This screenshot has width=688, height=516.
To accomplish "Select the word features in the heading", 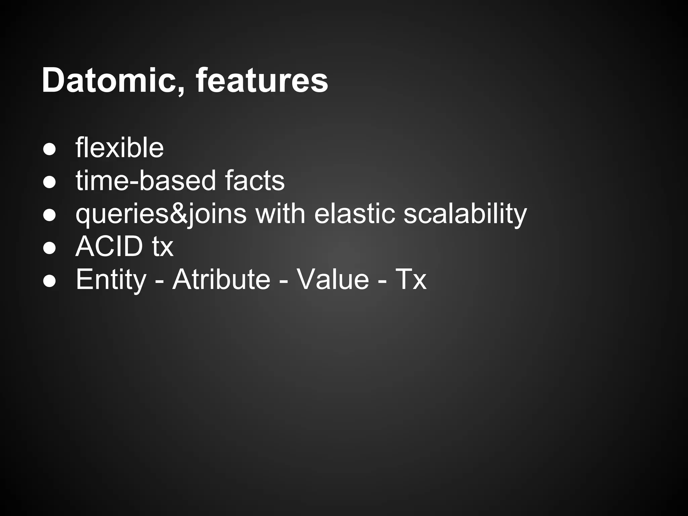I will [x=262, y=81].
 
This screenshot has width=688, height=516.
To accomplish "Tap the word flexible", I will [x=120, y=148].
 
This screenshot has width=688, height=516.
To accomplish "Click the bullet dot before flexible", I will [x=49, y=149].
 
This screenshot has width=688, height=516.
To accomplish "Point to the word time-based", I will [x=145, y=181].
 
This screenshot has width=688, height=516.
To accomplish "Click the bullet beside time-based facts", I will [x=49, y=182].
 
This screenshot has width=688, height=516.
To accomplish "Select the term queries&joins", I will [x=161, y=214].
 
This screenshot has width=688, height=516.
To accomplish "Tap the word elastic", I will [x=354, y=214].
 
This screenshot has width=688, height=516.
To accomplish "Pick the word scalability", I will [x=465, y=214].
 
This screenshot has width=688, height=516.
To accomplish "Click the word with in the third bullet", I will [x=281, y=214].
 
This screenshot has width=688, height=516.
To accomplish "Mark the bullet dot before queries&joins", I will [x=49, y=215].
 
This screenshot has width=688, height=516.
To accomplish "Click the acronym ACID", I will [x=110, y=247].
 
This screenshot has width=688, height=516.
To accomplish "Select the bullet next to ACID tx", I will [x=49, y=248].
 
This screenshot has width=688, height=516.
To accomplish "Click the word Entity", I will [x=111, y=279].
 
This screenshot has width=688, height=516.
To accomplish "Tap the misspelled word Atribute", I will [x=221, y=279].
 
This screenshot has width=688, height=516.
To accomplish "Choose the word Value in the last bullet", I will [x=333, y=279].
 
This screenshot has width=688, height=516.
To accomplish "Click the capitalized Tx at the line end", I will [x=411, y=279].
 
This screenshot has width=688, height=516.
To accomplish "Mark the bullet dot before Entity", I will [x=49, y=281].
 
